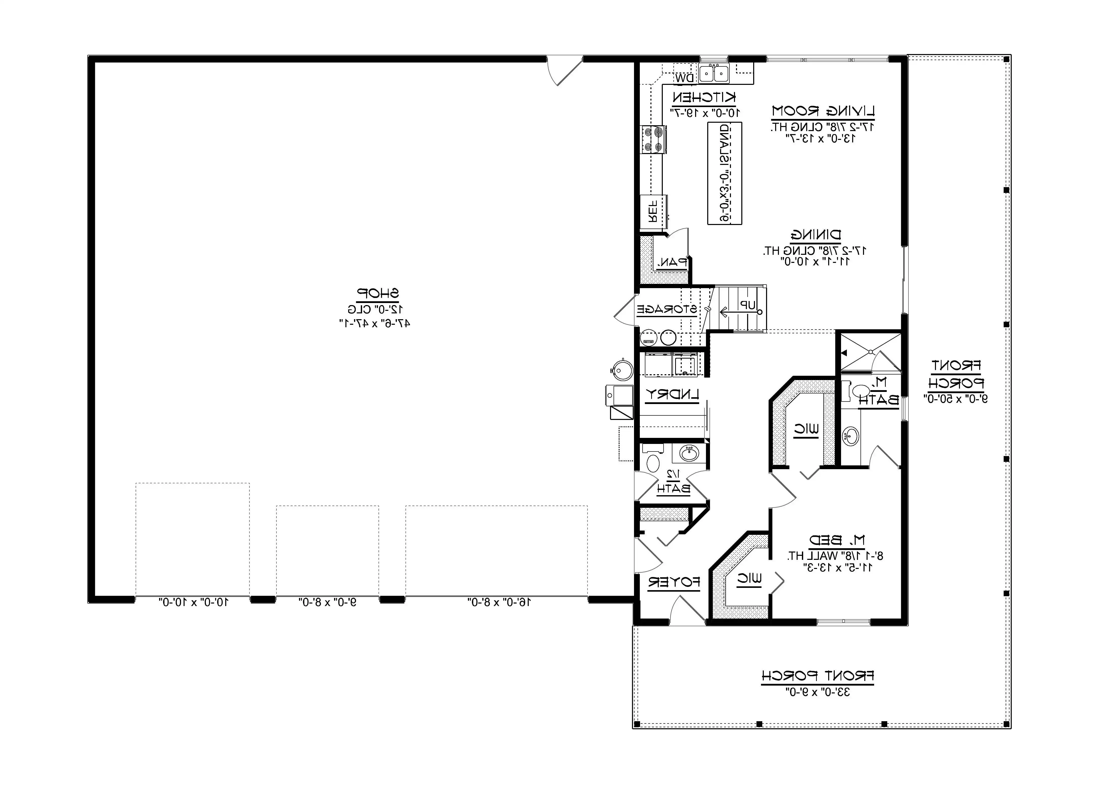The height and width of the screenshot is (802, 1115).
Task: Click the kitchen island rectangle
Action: (x=724, y=173)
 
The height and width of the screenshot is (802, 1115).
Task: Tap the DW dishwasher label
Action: (x=684, y=78)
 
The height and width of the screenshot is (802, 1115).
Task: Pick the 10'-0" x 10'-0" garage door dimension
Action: (x=193, y=602)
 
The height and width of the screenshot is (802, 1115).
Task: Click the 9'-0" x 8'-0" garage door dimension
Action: (x=327, y=602)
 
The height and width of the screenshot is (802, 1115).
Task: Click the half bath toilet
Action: (x=652, y=462)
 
